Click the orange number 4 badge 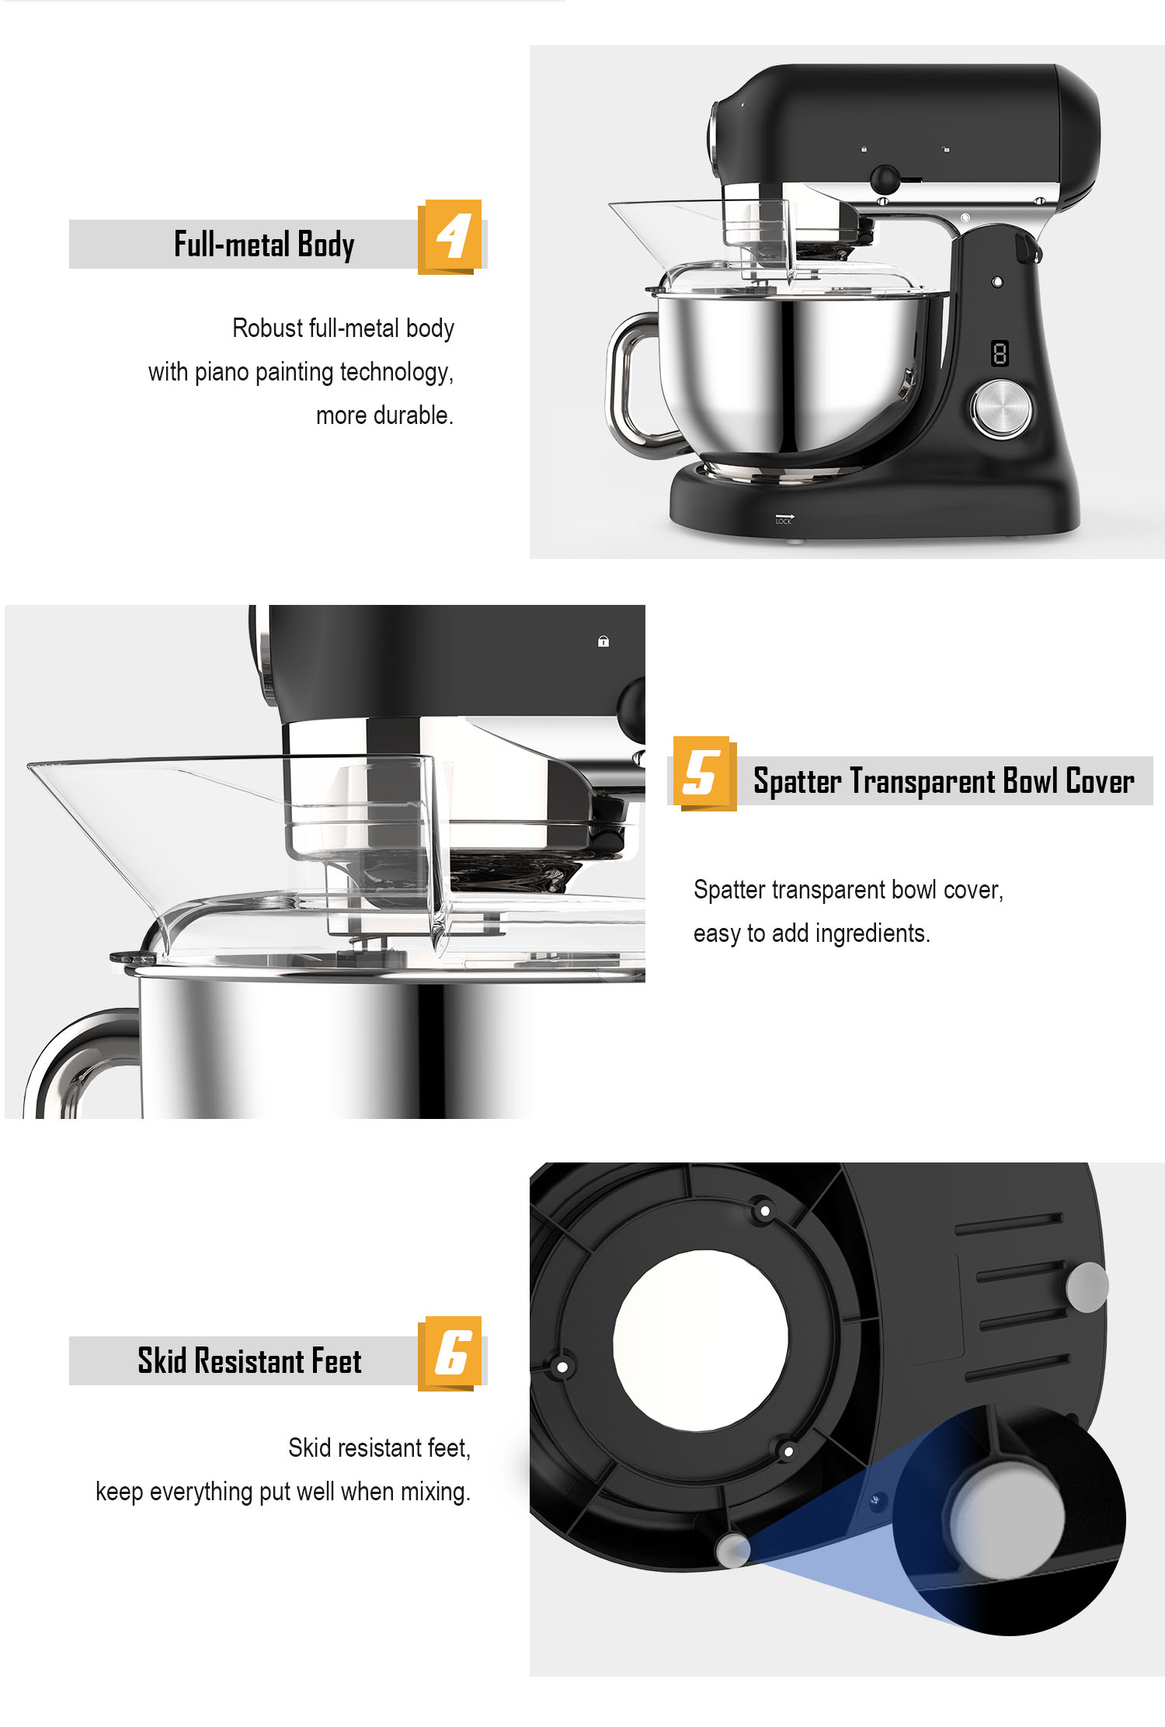click(x=450, y=236)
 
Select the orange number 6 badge click(x=450, y=1353)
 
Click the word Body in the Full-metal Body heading click(x=325, y=245)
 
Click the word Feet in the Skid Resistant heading click(x=336, y=1361)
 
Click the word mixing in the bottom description click(x=435, y=1492)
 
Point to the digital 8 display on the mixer click(x=1000, y=354)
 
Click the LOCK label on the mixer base click(x=784, y=520)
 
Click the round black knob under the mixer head click(x=885, y=179)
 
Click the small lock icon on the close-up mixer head click(x=603, y=641)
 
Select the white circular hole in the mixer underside click(x=700, y=1340)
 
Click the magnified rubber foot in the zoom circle click(x=1007, y=1519)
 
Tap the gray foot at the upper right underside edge click(x=1087, y=1287)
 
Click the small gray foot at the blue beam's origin click(x=732, y=1549)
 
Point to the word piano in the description click(x=221, y=372)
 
